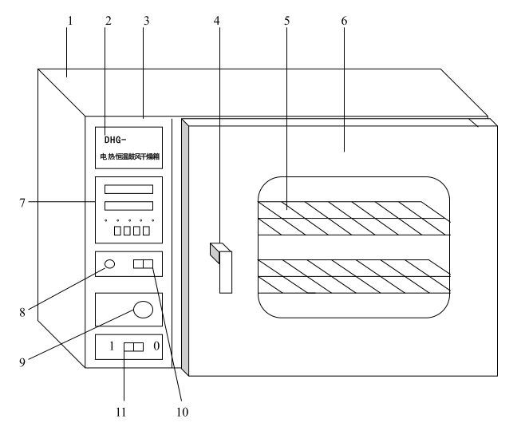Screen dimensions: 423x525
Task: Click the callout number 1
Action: pos(70,20)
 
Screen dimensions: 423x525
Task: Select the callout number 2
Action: pos(107,20)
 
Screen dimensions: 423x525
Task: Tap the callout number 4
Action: pos(217,20)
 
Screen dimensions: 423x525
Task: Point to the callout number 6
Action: pos(344,20)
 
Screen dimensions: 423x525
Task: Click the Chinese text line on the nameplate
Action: pos(128,156)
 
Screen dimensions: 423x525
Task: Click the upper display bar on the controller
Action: pos(128,190)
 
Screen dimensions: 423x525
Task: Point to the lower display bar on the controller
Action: pos(128,207)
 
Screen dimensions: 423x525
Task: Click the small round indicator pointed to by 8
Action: pos(110,264)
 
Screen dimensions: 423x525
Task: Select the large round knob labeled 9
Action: pos(142,310)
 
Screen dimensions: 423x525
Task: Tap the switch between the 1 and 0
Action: pos(133,348)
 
